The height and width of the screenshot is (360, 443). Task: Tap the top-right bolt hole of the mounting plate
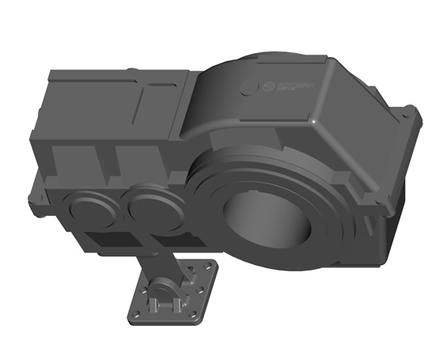point(209,267)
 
